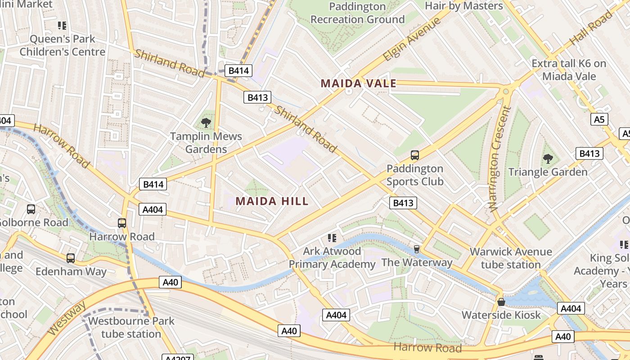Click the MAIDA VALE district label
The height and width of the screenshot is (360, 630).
[x=359, y=83]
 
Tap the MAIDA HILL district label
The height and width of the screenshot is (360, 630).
[x=272, y=201]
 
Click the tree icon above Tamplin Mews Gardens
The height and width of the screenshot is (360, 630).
[x=207, y=122]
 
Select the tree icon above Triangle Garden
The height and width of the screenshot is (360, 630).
[x=548, y=158]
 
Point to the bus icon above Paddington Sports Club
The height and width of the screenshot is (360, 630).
[x=415, y=155]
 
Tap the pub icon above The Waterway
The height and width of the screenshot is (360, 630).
[x=417, y=249]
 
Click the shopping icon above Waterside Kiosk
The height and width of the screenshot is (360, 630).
[x=501, y=301]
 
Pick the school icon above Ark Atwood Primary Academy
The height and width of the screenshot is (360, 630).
[x=332, y=238]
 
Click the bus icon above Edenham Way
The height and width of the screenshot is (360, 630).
[x=71, y=258]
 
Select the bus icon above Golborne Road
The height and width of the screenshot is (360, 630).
[x=31, y=209]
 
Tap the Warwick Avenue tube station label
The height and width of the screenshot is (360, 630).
[x=511, y=258]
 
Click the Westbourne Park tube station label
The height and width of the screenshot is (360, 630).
[x=131, y=328]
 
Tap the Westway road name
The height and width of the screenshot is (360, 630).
[x=67, y=318]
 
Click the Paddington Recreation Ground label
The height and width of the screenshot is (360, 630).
[x=357, y=13]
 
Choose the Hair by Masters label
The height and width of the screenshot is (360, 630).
[x=464, y=6]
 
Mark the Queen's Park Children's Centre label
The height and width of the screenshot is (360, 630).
[x=62, y=45]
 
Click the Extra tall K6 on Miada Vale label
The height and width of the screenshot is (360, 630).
[x=569, y=70]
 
